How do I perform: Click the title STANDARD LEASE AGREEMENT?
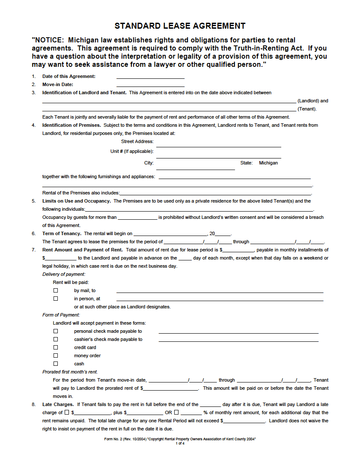click(180, 26)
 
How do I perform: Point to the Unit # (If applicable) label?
click(132, 151)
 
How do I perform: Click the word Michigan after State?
click(268, 163)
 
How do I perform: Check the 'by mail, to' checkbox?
click(56, 290)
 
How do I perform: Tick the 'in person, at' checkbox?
click(56, 299)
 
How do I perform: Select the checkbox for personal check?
click(56, 331)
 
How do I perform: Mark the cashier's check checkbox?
click(56, 339)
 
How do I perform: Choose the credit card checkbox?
click(56, 347)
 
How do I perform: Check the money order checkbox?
click(56, 355)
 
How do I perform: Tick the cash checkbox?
click(56, 364)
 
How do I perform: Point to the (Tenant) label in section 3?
click(307, 109)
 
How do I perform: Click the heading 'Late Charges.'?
click(59, 404)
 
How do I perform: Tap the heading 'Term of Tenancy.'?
click(62, 233)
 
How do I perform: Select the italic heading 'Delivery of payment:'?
click(64, 274)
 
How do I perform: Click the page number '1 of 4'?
click(180, 443)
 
